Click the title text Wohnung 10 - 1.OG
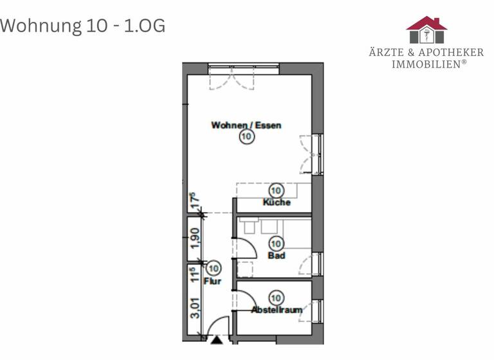82,26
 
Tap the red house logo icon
426,30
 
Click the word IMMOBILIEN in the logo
425,64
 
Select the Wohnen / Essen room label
246,125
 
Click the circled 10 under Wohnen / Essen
246,137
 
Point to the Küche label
277,203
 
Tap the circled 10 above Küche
277,190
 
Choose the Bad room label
277,256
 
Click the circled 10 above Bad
277,244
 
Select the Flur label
212,281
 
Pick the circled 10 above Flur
213,269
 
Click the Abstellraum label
277,310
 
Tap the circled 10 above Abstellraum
277,298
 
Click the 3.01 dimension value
195,307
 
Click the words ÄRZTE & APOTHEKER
426,52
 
